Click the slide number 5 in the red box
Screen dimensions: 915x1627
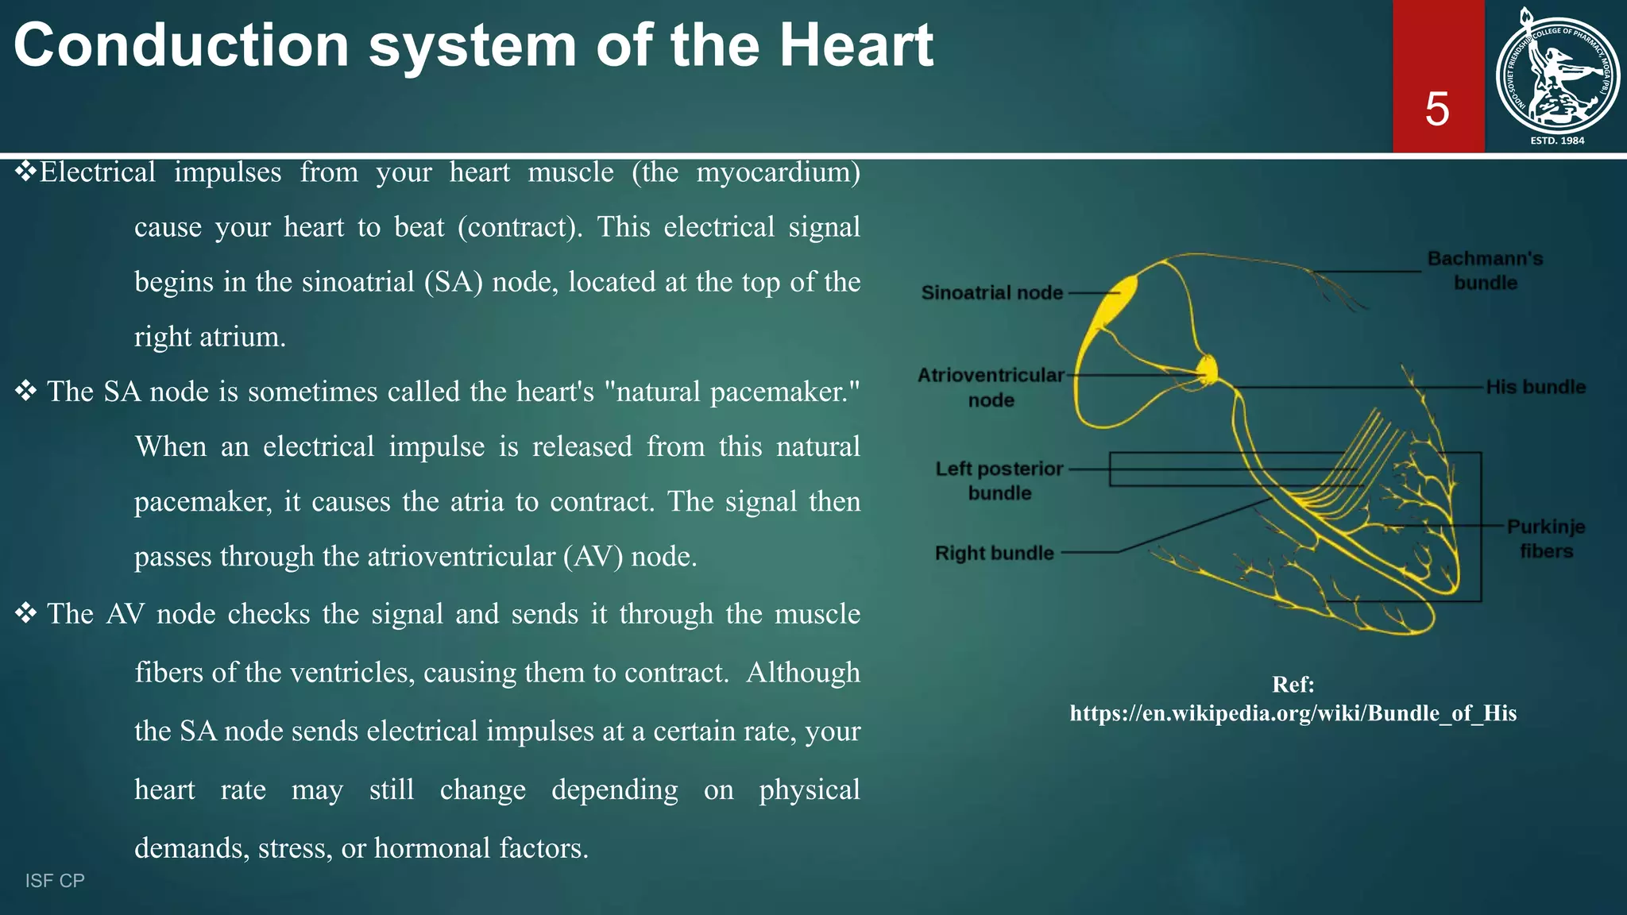tap(1436, 109)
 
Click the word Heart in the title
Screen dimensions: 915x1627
tap(856, 45)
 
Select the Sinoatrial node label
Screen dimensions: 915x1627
tap(991, 293)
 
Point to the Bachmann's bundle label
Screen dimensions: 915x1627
tap(1484, 271)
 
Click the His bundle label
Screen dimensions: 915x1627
tap(1535, 388)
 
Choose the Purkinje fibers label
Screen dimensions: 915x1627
tap(1545, 539)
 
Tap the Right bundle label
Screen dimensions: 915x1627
tap(994, 553)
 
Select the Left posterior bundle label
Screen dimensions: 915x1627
tap(999, 481)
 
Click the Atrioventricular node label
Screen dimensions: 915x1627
tap(991, 387)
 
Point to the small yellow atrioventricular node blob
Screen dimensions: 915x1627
tap(1208, 369)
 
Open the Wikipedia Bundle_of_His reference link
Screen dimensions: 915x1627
tap(1293, 713)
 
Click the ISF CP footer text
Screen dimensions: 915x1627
tap(55, 880)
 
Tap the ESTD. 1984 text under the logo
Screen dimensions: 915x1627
tap(1556, 141)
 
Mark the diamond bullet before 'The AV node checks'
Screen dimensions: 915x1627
tap(25, 612)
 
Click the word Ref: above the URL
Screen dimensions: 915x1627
tap(1293, 684)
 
